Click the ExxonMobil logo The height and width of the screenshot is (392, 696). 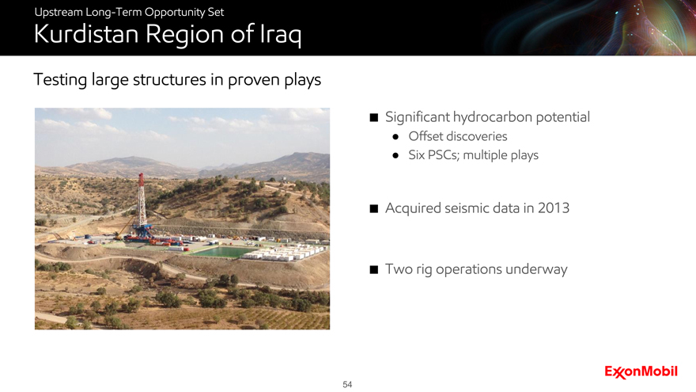[641, 372]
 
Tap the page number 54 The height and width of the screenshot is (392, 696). [347, 384]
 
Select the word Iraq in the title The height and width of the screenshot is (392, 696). [280, 35]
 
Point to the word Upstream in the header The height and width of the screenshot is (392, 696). [59, 12]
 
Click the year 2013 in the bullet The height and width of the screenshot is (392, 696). [553, 208]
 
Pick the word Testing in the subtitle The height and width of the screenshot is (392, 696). [60, 80]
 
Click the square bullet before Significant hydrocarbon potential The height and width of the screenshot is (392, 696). [374, 117]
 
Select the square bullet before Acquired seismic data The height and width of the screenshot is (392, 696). [374, 208]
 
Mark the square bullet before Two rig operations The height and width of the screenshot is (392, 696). [374, 269]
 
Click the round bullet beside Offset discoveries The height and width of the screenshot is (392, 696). [395, 137]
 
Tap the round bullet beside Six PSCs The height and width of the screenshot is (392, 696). [395, 155]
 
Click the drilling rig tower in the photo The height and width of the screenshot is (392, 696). [142, 201]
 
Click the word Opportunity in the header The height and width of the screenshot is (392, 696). [175, 12]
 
